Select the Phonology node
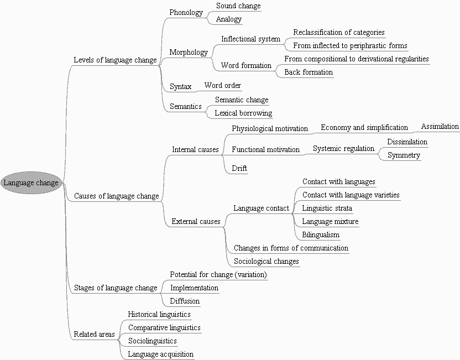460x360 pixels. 186,13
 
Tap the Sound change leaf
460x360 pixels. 238,6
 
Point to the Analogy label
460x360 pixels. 229,19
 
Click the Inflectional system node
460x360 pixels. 250,39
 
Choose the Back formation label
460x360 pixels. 309,72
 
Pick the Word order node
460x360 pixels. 222,86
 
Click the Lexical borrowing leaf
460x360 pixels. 243,113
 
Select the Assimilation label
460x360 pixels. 440,127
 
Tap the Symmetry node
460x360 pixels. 404,155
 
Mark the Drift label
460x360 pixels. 239,169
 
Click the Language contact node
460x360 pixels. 261,208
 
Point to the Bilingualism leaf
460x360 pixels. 321,235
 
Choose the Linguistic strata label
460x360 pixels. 327,208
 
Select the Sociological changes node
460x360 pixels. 266,262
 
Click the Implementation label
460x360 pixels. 194,288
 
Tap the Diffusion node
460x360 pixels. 185,301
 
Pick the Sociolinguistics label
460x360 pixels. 152,341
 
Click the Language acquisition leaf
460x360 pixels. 160,354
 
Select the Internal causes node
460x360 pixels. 195,150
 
